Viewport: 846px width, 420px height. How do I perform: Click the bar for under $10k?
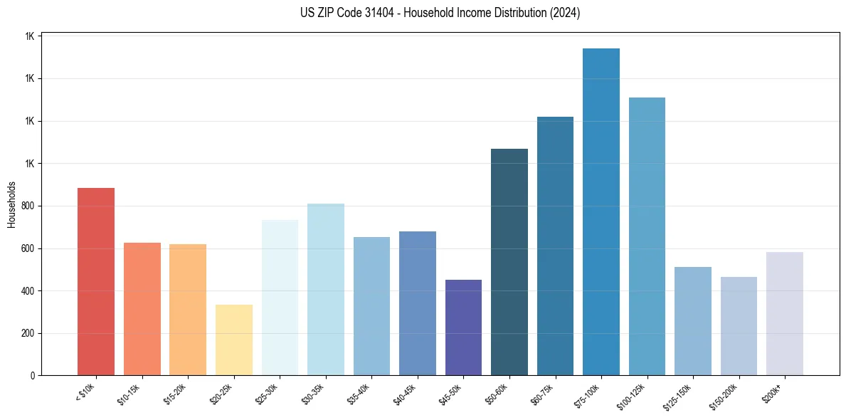(96, 282)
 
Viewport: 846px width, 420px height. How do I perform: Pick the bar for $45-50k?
(463, 327)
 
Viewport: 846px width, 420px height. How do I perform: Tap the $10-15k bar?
(142, 309)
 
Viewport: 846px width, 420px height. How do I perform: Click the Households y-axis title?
(11, 205)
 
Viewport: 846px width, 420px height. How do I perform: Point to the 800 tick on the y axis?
(28, 206)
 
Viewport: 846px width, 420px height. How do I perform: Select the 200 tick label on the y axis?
(28, 334)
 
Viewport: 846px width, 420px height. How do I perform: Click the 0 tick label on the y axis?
(33, 376)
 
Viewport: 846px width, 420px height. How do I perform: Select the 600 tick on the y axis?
(28, 249)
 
